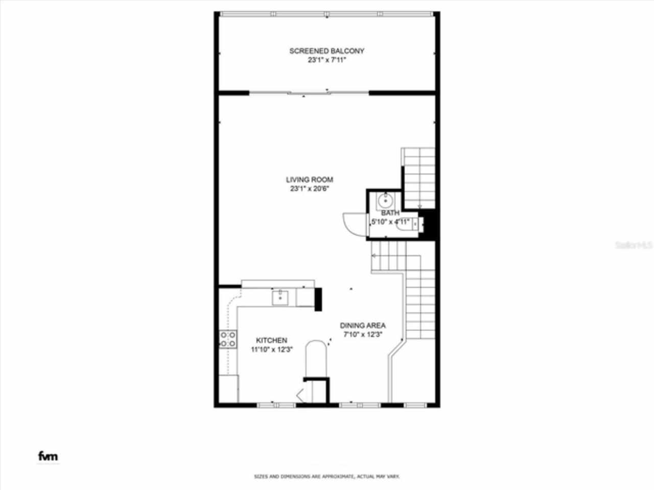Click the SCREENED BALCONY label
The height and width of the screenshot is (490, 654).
[326, 51]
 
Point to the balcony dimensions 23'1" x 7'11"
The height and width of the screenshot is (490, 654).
[326, 60]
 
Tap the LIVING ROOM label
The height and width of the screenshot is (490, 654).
[309, 180]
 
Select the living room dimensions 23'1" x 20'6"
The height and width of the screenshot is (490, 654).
[309, 189]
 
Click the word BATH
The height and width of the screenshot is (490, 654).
[390, 213]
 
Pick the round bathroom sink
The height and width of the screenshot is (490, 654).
[385, 200]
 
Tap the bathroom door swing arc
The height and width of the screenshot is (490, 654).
[353, 223]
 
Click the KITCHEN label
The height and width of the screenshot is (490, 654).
[271, 340]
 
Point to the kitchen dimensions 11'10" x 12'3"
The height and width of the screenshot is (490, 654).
[271, 350]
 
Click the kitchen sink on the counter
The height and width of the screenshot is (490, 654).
[279, 297]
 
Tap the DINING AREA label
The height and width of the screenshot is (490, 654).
[363, 326]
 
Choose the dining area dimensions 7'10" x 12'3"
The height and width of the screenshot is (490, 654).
[363, 335]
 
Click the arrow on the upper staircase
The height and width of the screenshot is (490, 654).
[419, 206]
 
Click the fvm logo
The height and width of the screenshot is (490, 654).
[48, 456]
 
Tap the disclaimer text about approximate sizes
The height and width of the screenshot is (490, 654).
[327, 477]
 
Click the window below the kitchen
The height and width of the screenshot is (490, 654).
[272, 405]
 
